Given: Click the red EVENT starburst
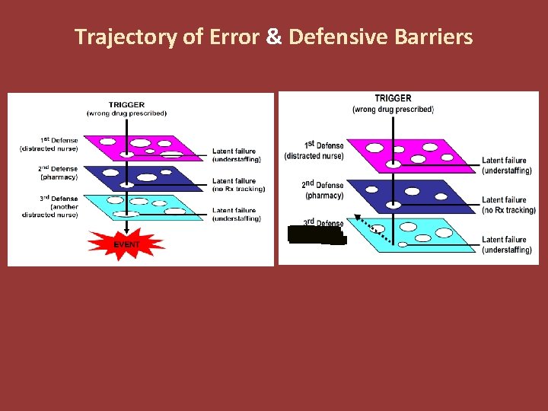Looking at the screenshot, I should (x=126, y=243).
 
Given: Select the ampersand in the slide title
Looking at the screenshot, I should (x=274, y=37).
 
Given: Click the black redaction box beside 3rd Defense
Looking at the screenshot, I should (x=316, y=234).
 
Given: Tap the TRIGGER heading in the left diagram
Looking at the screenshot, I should (x=126, y=104).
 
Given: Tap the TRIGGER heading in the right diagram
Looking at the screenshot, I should (x=393, y=98).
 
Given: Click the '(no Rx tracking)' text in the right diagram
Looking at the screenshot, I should (x=509, y=210).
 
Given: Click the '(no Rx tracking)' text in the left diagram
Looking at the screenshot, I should (x=236, y=189).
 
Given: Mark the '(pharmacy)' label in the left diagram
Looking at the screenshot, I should (x=59, y=177).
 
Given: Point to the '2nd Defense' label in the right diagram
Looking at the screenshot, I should (x=323, y=185).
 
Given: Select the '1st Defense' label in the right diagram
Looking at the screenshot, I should (x=324, y=145).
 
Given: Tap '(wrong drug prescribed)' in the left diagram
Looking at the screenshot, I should (x=126, y=113).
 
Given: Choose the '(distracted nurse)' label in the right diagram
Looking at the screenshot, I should (x=314, y=156).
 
